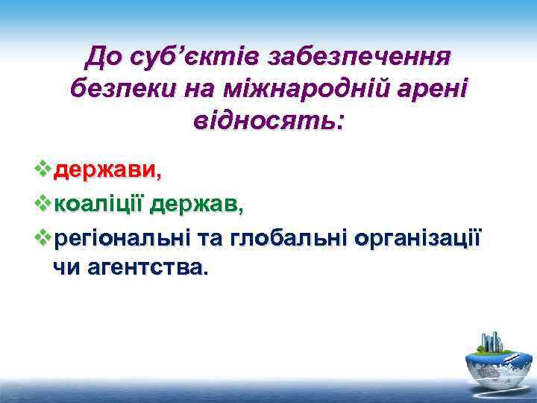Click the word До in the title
point(106,56)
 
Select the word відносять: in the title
point(268,119)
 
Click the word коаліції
point(100,203)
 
